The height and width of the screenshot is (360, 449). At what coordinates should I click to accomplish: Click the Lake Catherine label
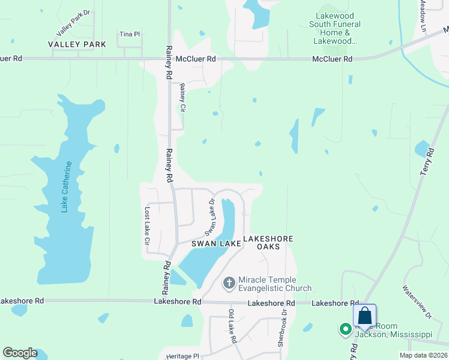tap(66, 187)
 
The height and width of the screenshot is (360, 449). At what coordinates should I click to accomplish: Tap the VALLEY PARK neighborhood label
tap(77, 44)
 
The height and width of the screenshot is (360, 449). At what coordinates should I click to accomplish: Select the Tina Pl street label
tap(129, 34)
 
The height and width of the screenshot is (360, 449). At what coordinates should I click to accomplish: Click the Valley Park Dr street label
tap(73, 23)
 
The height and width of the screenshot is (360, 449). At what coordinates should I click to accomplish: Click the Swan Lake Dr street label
tap(210, 217)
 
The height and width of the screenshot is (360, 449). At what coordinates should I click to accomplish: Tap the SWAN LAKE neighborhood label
tap(216, 244)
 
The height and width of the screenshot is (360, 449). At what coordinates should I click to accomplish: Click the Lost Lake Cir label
tap(146, 226)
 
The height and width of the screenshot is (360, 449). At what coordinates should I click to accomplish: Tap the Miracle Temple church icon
tap(229, 282)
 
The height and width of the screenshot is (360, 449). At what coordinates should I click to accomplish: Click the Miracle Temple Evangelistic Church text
tap(275, 284)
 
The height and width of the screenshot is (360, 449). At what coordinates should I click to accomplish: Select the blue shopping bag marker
tap(365, 316)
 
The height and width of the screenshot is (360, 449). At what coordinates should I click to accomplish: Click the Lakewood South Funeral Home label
tap(335, 29)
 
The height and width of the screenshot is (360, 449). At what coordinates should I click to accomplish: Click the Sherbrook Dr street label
tap(280, 331)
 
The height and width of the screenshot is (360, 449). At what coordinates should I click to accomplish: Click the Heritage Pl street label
tap(182, 356)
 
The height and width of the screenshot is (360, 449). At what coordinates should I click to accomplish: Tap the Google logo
tap(20, 353)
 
